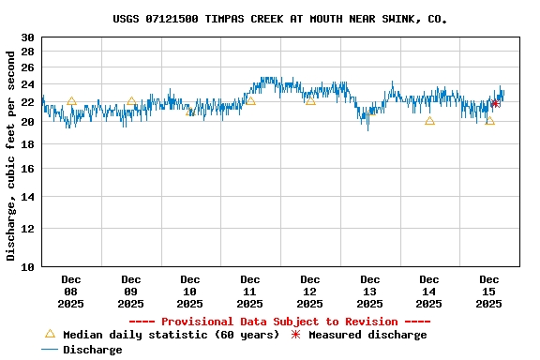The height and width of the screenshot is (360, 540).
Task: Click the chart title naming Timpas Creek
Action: pos(279,19)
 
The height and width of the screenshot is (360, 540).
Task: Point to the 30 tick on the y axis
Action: pos(28,37)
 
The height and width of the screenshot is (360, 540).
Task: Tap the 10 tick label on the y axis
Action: pos(28,267)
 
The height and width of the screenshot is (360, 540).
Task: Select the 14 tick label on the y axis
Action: pos(28,198)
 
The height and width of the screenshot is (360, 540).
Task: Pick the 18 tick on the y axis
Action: pos(28,145)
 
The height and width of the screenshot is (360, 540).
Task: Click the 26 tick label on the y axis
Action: pos(28,67)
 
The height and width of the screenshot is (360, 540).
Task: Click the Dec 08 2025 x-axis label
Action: pos(70,292)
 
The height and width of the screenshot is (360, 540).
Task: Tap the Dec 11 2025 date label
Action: pos(249,292)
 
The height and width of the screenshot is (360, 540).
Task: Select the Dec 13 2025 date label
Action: pos(369,292)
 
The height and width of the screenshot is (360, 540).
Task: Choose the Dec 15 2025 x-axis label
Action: pos(488,292)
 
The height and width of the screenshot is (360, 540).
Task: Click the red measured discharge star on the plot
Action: pos(495,103)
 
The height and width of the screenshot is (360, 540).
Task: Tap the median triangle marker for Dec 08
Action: pos(71,101)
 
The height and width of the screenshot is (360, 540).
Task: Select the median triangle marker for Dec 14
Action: pos(429,120)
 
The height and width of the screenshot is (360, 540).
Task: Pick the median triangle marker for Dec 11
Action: pos(250,100)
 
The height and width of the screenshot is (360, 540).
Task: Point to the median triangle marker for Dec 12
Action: pos(310,99)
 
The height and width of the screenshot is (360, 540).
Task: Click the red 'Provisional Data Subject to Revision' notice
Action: pos(279,322)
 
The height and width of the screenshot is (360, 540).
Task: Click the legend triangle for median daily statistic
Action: pos(50,334)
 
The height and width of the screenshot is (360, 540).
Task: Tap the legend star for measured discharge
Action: pos(295,335)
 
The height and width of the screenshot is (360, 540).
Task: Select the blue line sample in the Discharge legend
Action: pos(50,350)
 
